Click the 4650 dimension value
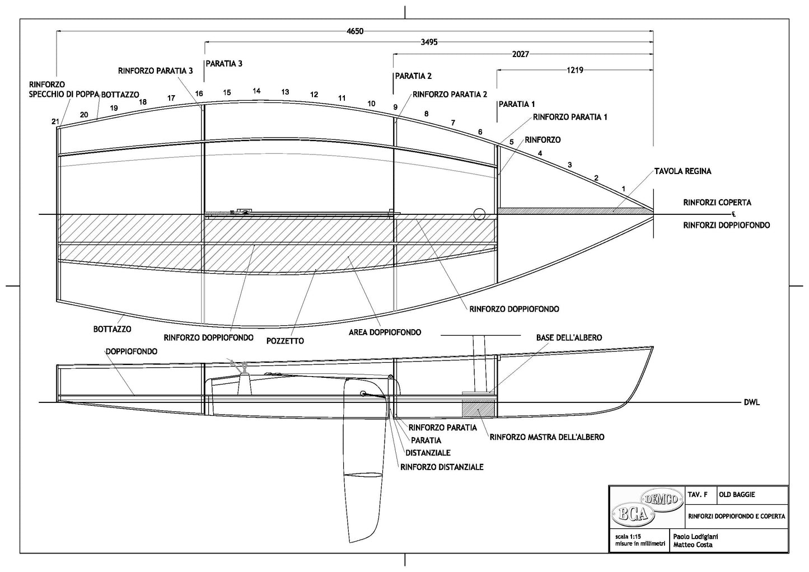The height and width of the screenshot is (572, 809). click(354, 31)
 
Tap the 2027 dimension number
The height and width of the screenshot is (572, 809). click(520, 54)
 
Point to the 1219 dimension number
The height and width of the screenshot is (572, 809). click(575, 71)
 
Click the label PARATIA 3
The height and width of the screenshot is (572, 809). click(224, 64)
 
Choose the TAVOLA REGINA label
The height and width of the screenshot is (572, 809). click(683, 171)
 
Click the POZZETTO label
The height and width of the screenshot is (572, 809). click(286, 341)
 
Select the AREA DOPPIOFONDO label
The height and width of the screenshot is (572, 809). click(386, 332)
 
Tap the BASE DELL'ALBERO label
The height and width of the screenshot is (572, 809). click(569, 337)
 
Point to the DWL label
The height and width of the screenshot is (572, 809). click(752, 403)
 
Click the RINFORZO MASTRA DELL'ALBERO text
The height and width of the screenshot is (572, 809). click(547, 437)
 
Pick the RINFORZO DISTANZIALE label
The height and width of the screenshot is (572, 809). click(442, 467)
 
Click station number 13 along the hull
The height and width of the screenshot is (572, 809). click(285, 92)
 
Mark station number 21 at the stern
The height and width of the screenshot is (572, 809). click(55, 121)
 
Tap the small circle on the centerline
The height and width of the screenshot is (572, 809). click(479, 214)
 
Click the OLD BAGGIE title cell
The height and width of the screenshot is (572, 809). click(737, 495)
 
